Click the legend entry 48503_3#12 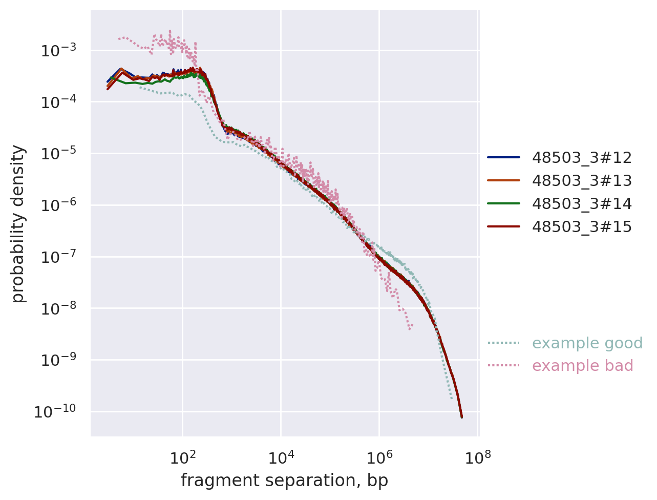[582, 158]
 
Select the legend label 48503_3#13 [582, 181]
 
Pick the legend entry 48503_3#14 [582, 204]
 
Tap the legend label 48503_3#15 [582, 227]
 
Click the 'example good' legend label [587, 343]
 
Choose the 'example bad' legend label [583, 366]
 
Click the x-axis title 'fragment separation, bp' [284, 481]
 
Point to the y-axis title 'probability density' [18, 223]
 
